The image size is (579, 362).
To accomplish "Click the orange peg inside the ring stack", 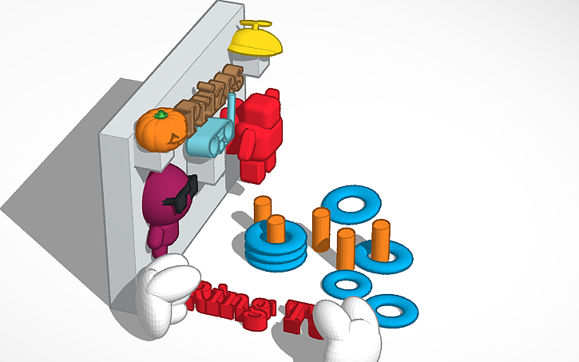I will pos(276,228).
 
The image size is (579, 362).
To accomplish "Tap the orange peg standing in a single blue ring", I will pos(380,240).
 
